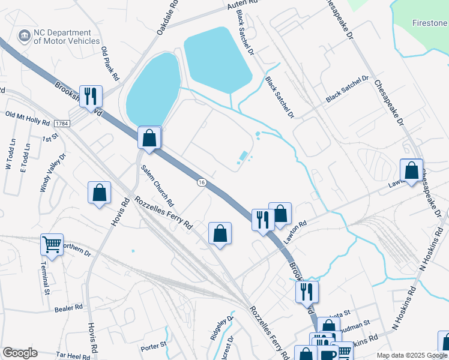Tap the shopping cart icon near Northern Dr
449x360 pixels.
coord(52,245)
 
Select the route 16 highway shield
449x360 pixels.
coord(201,182)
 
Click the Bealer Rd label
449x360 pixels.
coord(68,308)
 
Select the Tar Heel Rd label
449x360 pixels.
coord(72,355)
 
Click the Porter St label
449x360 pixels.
coord(154,346)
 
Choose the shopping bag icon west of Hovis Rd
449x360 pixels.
coord(100,193)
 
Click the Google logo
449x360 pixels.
coord(20,353)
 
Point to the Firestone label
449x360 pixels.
coord(430,23)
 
